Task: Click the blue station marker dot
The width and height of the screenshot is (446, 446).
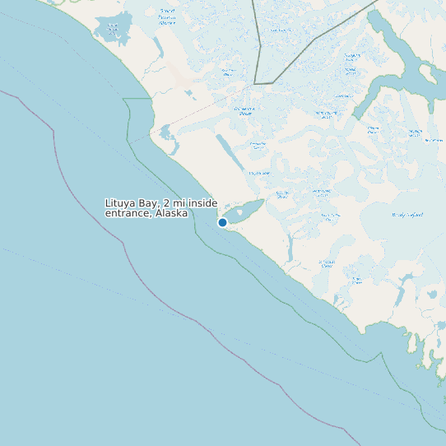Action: click(222, 222)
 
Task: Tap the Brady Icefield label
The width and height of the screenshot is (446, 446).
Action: click(408, 215)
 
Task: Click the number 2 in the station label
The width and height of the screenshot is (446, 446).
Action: click(167, 203)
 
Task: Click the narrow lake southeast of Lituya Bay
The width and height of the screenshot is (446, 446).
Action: click(290, 248)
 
